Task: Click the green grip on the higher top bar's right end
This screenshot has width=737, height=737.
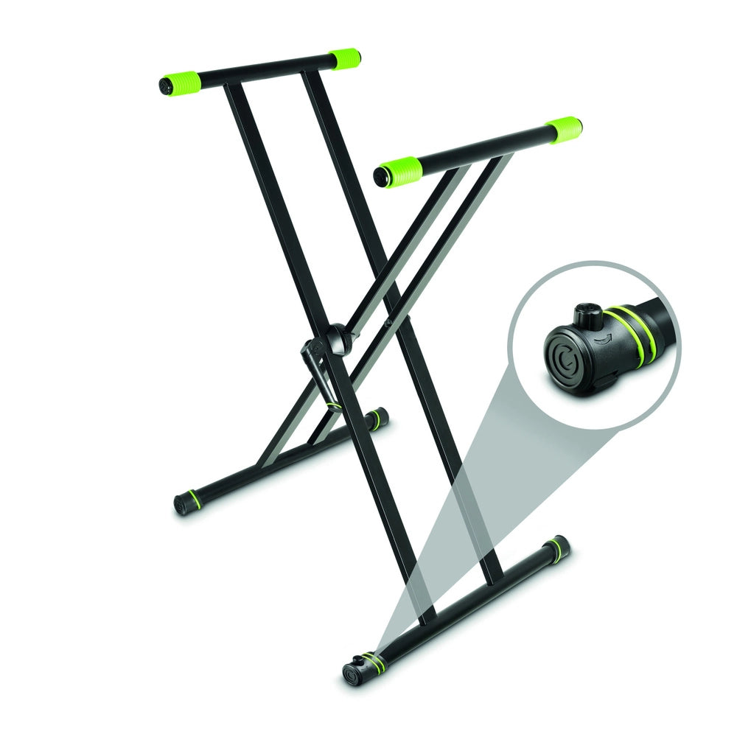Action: point(344,58)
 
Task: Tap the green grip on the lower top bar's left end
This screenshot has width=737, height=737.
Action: point(398,171)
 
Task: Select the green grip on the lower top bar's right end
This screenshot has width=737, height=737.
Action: point(564,130)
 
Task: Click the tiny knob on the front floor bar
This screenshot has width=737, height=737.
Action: point(361,658)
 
